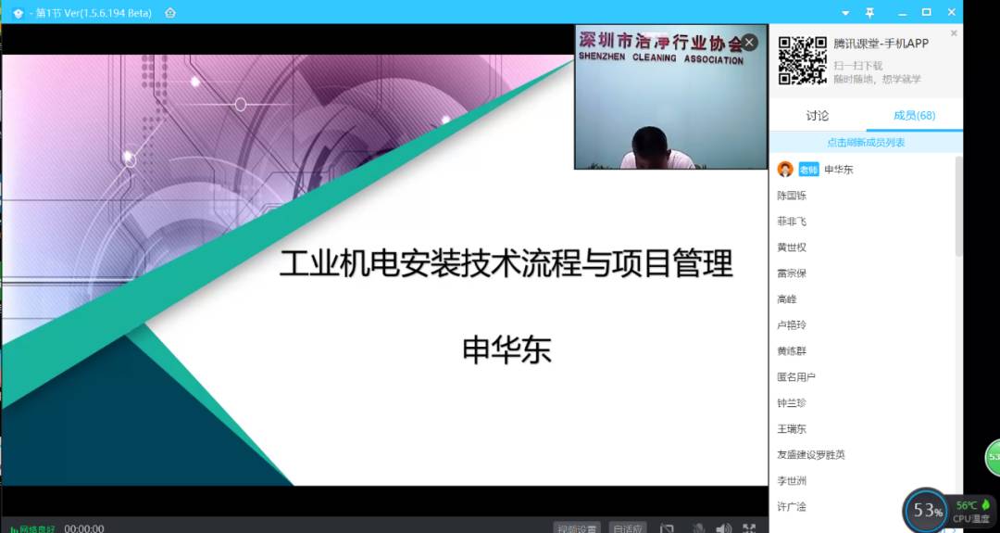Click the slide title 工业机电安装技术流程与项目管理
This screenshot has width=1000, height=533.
pos(506,263)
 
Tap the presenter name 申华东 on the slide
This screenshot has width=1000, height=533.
pos(506,350)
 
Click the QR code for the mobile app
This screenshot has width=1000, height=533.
pos(802,60)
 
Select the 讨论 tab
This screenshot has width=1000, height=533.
pos(817,116)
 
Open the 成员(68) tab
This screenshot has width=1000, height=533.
pos(914,116)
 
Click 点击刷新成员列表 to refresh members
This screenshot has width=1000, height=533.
pos(866,143)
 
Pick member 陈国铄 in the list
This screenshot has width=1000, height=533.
pos(792,196)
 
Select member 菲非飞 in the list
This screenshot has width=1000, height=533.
pos(792,222)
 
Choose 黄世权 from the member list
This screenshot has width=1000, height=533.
pos(792,247)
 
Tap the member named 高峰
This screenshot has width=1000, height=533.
pos(787,299)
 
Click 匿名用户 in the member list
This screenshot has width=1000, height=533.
pos(796,377)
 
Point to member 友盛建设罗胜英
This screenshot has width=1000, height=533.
pos(811,455)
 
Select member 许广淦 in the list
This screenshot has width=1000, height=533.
pos(792,507)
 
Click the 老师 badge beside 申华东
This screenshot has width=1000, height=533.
pos(808,170)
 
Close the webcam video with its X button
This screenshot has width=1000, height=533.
pos(749,43)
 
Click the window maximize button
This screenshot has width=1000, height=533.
pos(926,12)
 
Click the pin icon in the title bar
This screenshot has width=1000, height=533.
pos(869,12)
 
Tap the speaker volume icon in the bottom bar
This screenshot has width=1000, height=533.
pos(723,528)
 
